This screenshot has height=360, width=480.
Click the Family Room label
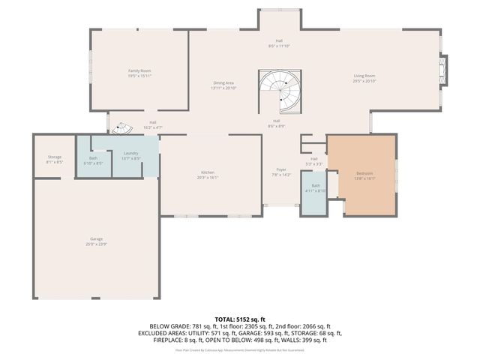point(139,70)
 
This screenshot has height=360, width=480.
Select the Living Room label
point(364,76)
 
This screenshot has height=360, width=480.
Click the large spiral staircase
point(280,91)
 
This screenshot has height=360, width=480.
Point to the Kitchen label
point(207,172)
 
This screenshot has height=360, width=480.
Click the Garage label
point(97,239)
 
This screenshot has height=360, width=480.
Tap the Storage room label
point(55,157)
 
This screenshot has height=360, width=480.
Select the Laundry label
point(130,154)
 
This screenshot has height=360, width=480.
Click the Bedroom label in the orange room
point(364,173)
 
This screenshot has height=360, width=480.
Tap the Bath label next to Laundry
point(93,158)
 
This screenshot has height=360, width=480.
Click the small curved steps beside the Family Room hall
point(121,129)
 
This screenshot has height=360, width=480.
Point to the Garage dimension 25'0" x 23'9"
point(97,244)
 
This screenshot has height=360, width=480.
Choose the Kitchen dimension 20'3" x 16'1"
point(207,178)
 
